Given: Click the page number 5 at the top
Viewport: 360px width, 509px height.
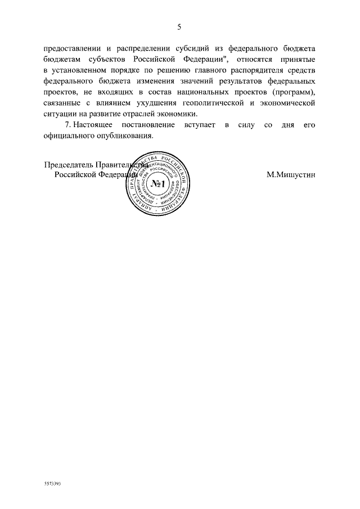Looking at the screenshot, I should [x=179, y=27].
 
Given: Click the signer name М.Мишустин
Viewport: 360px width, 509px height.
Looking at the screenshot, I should [x=291, y=175].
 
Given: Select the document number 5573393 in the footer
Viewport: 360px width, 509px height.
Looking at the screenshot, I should [x=52, y=483].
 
